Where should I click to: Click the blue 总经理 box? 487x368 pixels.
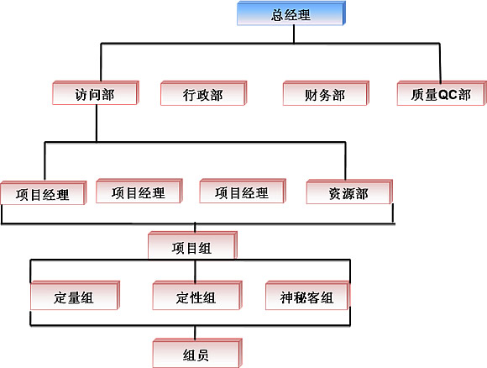291,13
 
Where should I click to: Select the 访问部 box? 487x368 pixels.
96,93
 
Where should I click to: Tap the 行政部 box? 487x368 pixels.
203,93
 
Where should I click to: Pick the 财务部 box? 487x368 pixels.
326,93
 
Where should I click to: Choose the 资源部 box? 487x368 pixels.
349,192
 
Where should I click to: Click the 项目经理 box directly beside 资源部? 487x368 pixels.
243,192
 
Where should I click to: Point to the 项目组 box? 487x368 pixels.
192,245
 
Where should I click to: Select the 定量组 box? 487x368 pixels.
75,295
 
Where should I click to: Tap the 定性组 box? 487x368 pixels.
197,295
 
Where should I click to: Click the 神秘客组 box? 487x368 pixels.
307,295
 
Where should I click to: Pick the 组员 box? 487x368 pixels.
197,353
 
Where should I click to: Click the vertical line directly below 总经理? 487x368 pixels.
294,34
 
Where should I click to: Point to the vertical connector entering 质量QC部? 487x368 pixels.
440,63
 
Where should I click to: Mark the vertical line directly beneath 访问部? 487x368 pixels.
97,124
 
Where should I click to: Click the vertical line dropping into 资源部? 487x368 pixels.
345,161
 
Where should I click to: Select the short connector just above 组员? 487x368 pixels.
195,333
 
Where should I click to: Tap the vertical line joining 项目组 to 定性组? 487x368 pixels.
195,271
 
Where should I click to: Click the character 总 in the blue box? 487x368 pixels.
277,14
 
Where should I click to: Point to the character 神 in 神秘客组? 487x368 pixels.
286,297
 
